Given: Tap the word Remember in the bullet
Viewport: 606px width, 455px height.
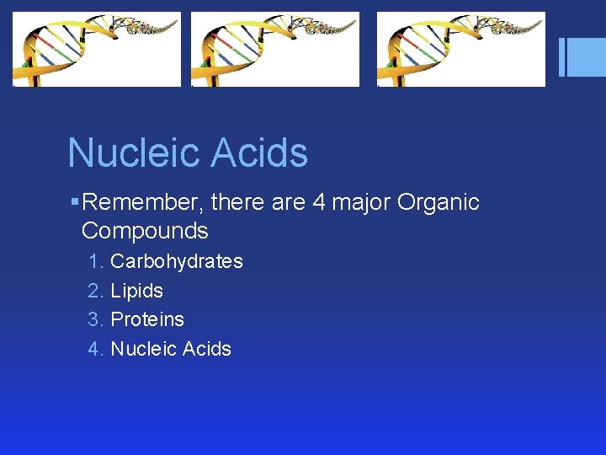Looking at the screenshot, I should click(143, 202).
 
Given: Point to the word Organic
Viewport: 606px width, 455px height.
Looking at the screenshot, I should click(439, 202).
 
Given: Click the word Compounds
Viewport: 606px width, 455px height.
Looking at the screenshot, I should click(145, 231).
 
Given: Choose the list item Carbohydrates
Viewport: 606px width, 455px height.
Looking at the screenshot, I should click(177, 261).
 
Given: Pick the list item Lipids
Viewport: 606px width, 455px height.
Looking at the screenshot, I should click(136, 291).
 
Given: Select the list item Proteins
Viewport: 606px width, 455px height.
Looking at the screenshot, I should click(147, 319).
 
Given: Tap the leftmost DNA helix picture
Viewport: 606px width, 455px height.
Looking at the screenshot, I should click(97, 49).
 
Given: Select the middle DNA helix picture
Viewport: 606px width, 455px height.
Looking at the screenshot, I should click(275, 49).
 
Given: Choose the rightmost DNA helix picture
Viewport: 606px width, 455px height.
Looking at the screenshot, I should click(460, 49).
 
